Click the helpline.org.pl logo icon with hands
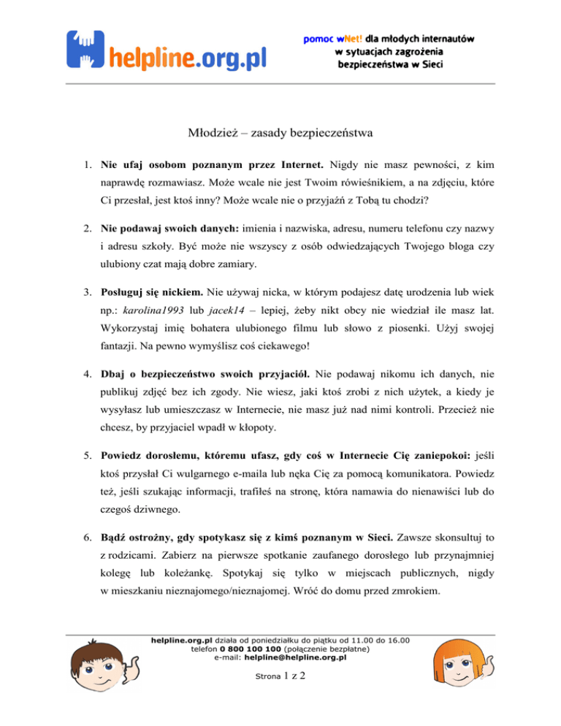(86, 48)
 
